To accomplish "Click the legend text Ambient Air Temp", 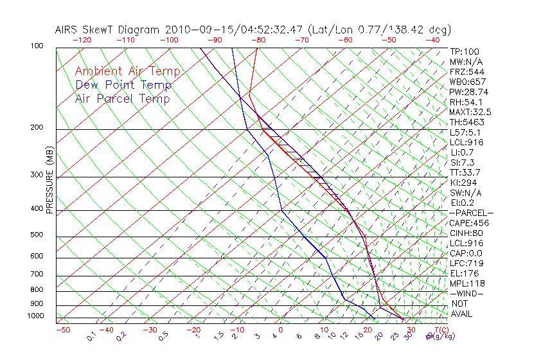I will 127,71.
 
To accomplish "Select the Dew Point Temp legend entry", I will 123,85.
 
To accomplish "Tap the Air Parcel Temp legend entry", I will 122,98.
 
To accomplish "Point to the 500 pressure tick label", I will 37,235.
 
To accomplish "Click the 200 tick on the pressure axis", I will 37,128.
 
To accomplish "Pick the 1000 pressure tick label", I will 35,316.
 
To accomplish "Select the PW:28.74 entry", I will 468,92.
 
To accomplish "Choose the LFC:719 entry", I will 466,264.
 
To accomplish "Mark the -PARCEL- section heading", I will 471,213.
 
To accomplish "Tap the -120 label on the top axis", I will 82,39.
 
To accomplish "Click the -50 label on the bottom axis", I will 62,330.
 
